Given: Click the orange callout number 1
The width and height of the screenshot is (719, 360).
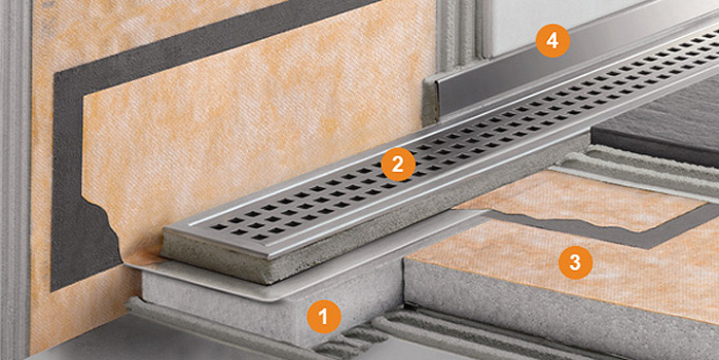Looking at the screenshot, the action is tap(324, 316).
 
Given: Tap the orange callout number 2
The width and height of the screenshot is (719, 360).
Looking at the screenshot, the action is tap(398, 164).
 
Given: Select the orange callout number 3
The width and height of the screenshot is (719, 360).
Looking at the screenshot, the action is tap(575, 263).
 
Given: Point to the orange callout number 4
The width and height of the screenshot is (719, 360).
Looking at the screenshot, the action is tap(553, 41).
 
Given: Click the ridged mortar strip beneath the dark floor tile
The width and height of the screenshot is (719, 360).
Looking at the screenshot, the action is tap(642, 172).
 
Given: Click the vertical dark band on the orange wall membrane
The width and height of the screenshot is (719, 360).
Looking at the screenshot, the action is tap(67, 183).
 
